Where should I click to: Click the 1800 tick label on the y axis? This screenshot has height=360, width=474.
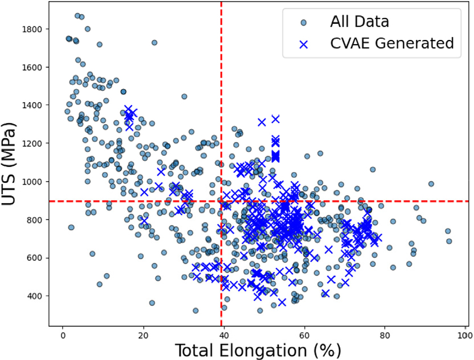(32, 29)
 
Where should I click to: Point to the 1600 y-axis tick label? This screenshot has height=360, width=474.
(32, 67)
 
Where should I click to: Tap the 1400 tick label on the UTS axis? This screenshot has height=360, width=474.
(32, 105)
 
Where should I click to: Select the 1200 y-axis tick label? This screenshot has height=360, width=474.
(32, 143)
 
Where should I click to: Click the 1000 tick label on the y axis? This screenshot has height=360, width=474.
(32, 181)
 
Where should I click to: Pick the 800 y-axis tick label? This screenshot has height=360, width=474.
(34, 219)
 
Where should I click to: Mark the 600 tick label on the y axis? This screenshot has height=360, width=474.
(34, 258)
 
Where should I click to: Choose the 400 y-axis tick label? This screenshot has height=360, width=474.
(34, 296)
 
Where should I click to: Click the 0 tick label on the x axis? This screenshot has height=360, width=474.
(63, 336)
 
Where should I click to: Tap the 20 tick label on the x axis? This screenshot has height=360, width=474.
(143, 336)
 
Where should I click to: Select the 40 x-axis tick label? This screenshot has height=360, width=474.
(223, 336)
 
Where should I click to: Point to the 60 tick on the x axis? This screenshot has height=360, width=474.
(304, 336)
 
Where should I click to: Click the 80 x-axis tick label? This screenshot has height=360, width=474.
(385, 336)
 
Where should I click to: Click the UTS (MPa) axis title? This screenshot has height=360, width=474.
(8, 164)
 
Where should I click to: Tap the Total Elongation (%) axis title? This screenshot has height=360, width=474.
(258, 350)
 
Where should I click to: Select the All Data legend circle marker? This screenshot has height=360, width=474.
(304, 23)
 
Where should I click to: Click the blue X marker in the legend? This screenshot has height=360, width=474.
(304, 45)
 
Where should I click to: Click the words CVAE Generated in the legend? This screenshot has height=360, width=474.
(392, 43)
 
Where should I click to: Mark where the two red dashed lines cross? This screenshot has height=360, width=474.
(221, 201)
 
